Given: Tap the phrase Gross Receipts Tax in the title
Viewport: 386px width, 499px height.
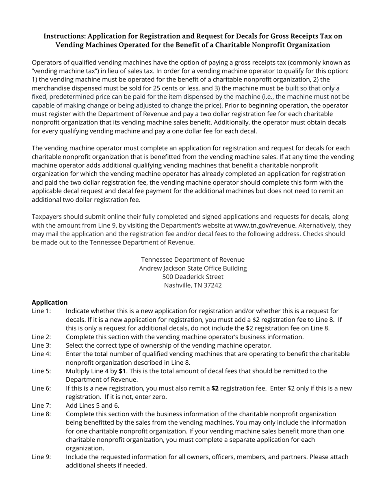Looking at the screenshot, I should pyautogui.click(x=297, y=36).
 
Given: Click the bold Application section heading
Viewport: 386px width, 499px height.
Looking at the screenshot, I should pyautogui.click(x=50, y=303).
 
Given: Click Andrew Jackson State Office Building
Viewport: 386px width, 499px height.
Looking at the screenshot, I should pyautogui.click(x=193, y=269).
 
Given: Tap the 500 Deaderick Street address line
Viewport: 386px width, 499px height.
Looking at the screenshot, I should pyautogui.click(x=193, y=277).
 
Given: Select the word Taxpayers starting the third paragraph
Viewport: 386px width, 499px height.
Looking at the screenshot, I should pyautogui.click(x=46, y=217).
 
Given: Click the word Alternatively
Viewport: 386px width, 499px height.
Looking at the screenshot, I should pyautogui.click(x=317, y=226).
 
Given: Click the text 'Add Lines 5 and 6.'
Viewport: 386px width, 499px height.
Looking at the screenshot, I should pyautogui.click(x=93, y=405).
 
